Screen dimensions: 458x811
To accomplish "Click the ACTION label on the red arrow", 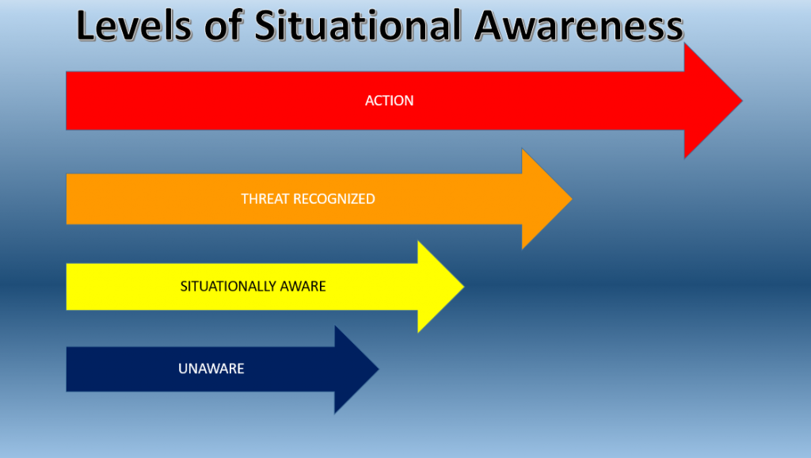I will (389, 101).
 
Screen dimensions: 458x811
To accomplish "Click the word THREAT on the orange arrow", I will (265, 199).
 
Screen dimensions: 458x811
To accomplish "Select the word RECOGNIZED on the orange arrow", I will (334, 199).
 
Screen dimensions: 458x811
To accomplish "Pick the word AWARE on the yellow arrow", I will (306, 286).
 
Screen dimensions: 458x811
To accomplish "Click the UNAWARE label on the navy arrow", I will (211, 368).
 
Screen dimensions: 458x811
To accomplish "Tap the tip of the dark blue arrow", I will (377, 369).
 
